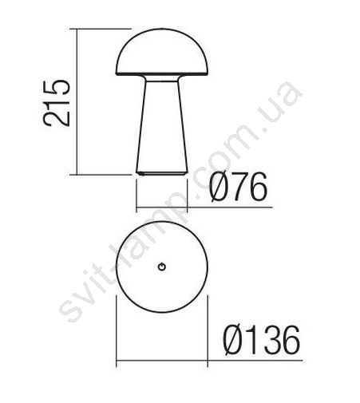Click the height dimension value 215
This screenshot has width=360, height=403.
coord(57,102)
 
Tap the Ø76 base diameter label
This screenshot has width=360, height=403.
coord(238,186)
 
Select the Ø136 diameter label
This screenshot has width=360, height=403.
coord(261,340)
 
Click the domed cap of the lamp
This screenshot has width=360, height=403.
coord(162,50)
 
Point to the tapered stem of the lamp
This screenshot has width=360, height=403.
coord(162,126)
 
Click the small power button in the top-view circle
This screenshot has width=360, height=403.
coord(162,267)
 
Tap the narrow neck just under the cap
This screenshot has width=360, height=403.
coord(162,78)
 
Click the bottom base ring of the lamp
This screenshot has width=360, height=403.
coord(162,174)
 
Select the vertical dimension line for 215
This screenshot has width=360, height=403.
coord(77,101)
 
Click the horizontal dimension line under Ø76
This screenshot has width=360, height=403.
coord(204,207)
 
